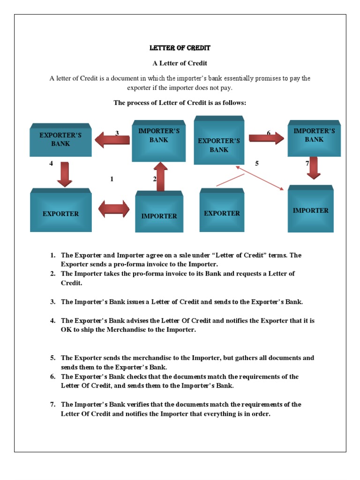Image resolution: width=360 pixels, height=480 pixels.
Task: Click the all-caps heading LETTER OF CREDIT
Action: click(x=180, y=48)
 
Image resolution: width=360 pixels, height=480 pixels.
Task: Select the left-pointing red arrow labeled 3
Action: click(x=112, y=139)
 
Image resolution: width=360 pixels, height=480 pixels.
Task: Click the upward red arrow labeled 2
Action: click(x=160, y=177)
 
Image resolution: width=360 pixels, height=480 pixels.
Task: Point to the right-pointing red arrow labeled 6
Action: click(x=266, y=138)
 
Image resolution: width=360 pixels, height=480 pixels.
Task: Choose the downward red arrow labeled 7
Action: click(x=313, y=167)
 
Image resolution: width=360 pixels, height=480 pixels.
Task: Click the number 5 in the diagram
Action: click(x=257, y=164)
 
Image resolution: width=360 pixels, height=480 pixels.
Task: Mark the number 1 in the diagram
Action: click(x=112, y=179)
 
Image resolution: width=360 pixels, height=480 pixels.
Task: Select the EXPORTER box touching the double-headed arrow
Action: click(x=61, y=212)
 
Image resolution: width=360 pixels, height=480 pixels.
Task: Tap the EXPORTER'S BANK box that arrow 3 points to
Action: click(x=60, y=140)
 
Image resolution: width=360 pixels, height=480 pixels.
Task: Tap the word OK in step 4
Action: click(x=66, y=330)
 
